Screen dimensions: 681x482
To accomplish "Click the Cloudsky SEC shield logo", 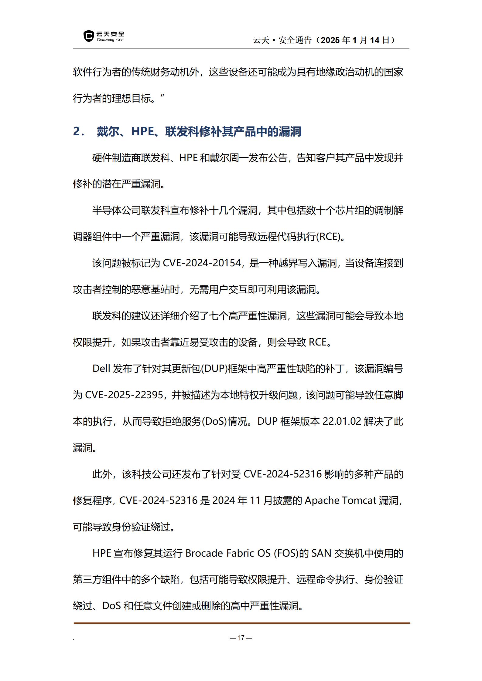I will pos(88,36).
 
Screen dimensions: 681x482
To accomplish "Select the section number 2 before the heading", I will pos(77,131).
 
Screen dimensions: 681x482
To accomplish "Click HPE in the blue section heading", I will pos(142,131).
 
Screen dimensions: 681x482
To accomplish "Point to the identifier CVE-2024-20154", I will pos(202,263).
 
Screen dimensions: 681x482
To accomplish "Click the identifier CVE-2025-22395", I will pos(124,395).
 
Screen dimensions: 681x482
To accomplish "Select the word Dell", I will pos(101,369).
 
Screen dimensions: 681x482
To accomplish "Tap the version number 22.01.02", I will pos(342,421).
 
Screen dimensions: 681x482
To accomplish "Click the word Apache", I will pos(322,500).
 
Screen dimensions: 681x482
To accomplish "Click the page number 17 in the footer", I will pos(241,637).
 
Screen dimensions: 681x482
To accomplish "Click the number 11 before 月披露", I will pos(255,500).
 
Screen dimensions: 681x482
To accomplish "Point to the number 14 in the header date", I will pos(375,40).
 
